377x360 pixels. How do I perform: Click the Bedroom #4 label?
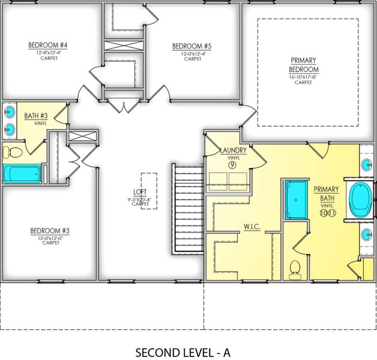tap(48, 46)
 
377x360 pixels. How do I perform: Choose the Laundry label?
tap(233, 150)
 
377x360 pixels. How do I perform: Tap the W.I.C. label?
tap(252, 227)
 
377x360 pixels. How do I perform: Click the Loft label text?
tap(140, 192)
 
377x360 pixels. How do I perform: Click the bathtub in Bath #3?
tap(22, 174)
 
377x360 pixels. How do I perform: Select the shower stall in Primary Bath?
tap(295, 199)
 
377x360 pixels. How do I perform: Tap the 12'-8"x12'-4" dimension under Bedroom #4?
tap(48, 53)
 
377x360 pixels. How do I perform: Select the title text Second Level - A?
tap(183, 352)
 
